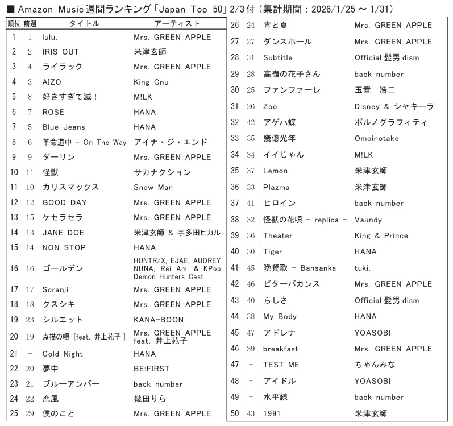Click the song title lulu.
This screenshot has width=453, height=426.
tap(51, 37)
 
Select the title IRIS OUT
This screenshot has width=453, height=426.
tap(61, 52)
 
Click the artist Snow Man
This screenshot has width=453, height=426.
tap(153, 187)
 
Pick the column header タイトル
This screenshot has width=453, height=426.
tap(84, 23)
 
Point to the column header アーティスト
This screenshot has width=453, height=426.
tap(177, 23)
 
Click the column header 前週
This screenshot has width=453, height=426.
tap(30, 23)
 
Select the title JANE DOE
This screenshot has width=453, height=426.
tap(63, 232)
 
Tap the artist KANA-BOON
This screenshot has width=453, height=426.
tap(159, 320)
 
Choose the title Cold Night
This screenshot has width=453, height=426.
tap(63, 354)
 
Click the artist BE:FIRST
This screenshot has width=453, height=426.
tap(152, 369)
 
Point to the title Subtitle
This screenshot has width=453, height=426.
tap(277, 57)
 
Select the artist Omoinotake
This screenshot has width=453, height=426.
tap(376, 138)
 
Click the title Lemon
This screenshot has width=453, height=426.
tap(275, 171)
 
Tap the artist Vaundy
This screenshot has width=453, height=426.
tap(368, 220)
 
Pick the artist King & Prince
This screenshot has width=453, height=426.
tap(381, 235)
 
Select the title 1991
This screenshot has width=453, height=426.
tap(272, 413)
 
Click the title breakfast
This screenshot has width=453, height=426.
tap(280, 349)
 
